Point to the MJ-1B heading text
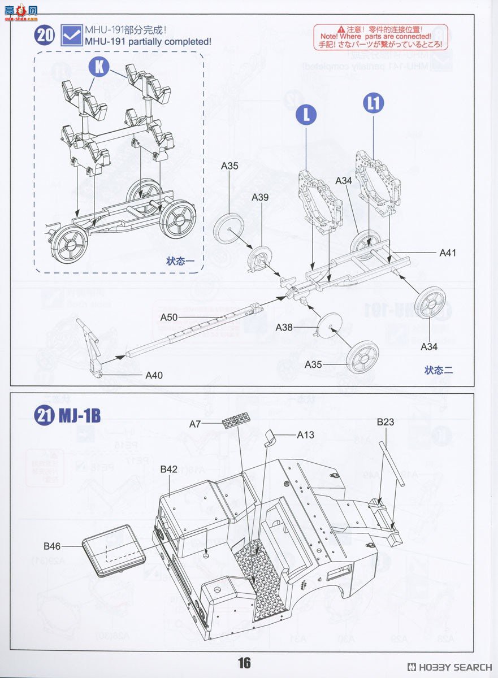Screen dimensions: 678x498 80,416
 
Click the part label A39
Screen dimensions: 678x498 259,197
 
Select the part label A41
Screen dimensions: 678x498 447,253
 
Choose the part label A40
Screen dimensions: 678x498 154,375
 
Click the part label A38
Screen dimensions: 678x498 284,327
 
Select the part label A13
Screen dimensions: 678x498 306,434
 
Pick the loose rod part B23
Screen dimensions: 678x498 394,463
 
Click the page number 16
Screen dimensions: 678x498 244,663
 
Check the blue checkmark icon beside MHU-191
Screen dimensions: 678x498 71,35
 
